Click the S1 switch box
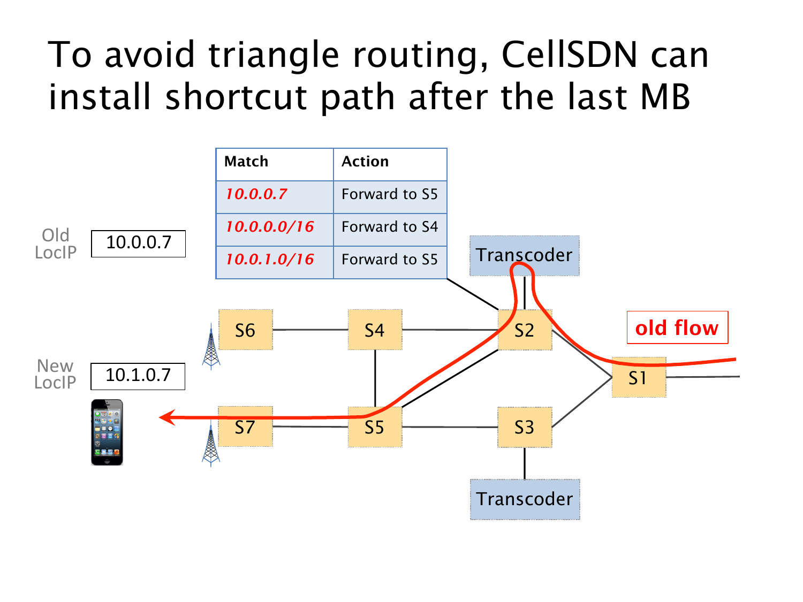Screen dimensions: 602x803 [639, 377]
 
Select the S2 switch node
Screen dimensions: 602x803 [525, 330]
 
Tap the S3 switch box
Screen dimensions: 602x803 [525, 427]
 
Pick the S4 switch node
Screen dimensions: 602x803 [375, 330]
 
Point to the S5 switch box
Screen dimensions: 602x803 [375, 427]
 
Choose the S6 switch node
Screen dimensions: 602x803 [246, 330]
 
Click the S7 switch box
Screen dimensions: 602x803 [246, 427]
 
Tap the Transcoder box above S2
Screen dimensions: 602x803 [525, 255]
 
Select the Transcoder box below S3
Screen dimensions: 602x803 [525, 499]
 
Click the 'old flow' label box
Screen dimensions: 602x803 [677, 327]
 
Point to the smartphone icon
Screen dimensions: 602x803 [107, 432]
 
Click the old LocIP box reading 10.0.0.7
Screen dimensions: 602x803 [138, 243]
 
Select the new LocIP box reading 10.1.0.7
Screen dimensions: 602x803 [138, 376]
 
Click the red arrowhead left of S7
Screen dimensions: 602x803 [168, 417]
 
